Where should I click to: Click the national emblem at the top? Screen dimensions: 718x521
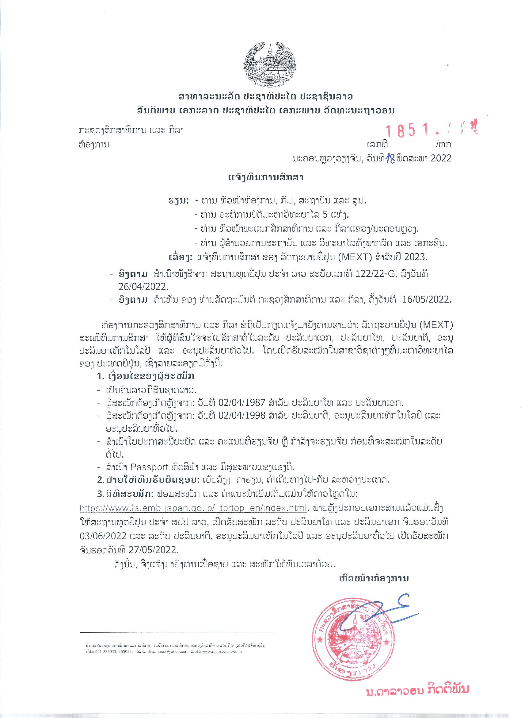click(269, 65)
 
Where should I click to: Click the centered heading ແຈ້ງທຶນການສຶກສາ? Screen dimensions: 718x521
click(266, 178)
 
